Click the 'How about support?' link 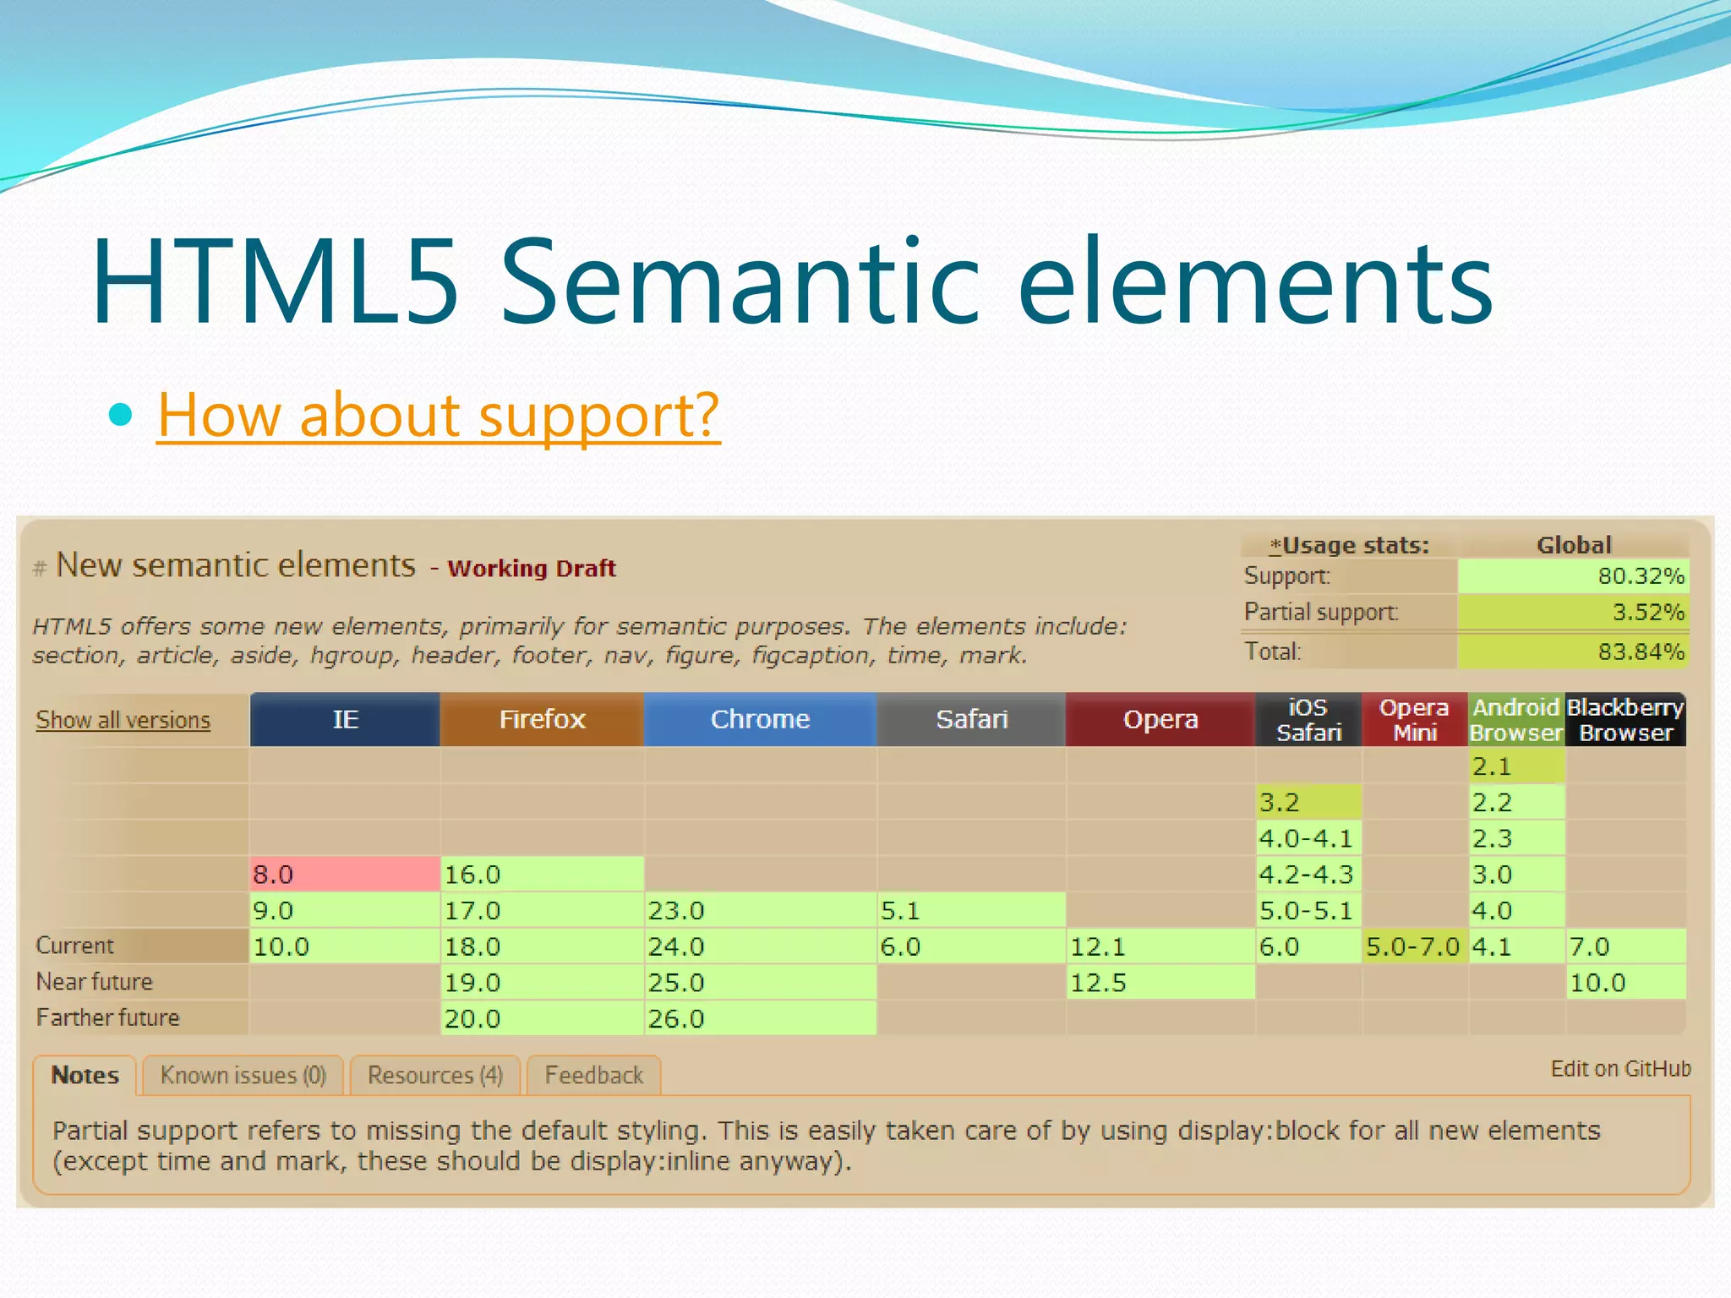pos(438,415)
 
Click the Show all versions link pos(123,720)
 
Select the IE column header pos(345,719)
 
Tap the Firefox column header pos(542,719)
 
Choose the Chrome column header pos(760,719)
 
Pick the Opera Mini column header pos(1414,720)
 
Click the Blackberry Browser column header pos(1625,720)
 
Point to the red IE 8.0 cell pos(345,874)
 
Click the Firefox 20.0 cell pos(542,1018)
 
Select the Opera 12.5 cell pos(1160,983)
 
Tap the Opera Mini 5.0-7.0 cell pos(1413,946)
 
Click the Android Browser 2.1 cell pos(1516,766)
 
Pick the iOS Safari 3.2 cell pos(1308,802)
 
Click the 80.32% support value pos(1573,576)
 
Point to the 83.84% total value pos(1573,652)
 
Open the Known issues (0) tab pos(243,1075)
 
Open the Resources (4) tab pos(435,1075)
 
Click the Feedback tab pos(593,1075)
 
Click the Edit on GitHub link pos(1620,1069)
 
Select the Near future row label pos(95,982)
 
